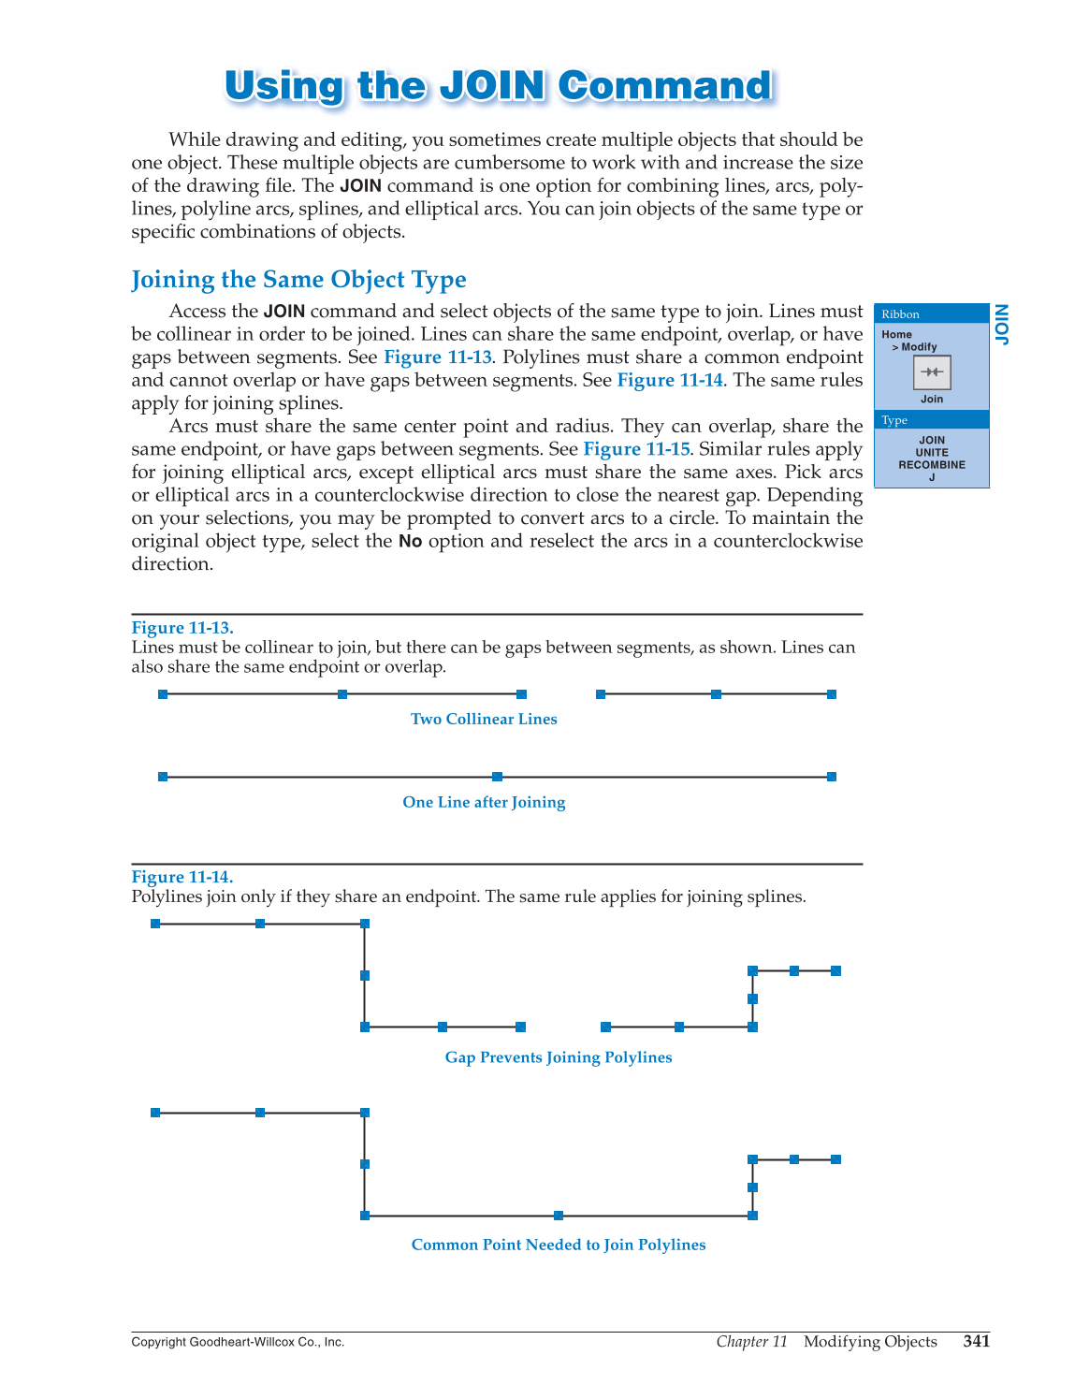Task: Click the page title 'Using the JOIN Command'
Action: click(498, 86)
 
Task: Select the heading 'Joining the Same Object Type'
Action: click(298, 280)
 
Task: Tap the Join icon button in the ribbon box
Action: click(932, 372)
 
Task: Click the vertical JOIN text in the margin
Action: click(1002, 325)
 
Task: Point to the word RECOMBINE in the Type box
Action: click(932, 465)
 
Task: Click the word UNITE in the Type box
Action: click(932, 453)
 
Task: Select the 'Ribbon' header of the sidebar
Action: click(901, 314)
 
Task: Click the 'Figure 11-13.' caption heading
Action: click(182, 628)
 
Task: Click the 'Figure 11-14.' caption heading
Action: click(182, 877)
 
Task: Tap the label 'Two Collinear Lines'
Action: click(484, 720)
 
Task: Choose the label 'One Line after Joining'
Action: click(484, 803)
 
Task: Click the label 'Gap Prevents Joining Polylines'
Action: click(559, 1057)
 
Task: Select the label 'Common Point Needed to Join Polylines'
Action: click(559, 1246)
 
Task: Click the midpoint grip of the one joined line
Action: click(497, 777)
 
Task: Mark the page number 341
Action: click(976, 1342)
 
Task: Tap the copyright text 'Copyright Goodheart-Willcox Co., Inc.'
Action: click(238, 1343)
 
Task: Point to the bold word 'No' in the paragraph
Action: click(410, 542)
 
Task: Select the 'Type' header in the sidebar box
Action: click(894, 420)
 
